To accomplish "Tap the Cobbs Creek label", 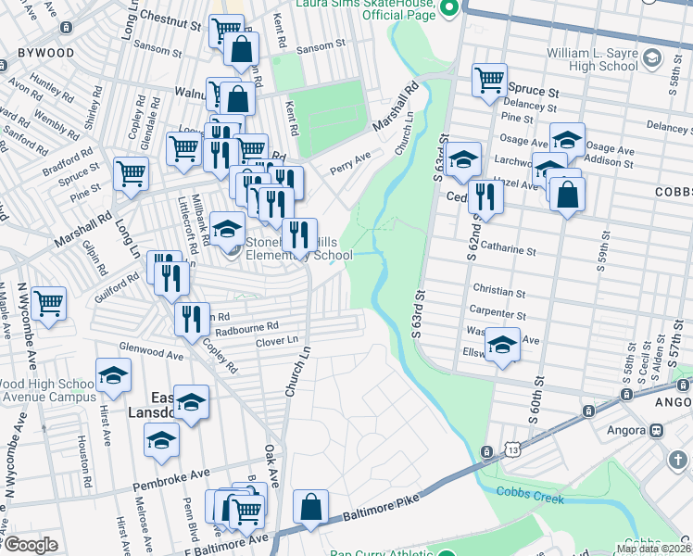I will click(x=529, y=498).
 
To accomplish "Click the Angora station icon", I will click(x=657, y=430).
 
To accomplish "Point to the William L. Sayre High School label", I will click(x=592, y=60).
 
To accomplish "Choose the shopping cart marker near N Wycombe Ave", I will click(x=48, y=302).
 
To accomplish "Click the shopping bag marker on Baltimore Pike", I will click(x=310, y=507).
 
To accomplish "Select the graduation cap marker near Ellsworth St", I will click(x=502, y=346).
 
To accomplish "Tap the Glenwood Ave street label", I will click(x=150, y=353).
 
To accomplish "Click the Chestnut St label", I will click(x=173, y=18).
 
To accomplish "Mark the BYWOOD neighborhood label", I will click(x=37, y=53).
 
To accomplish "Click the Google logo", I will click(x=30, y=545).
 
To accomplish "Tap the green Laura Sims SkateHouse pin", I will click(x=451, y=9).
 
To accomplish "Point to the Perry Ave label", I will click(x=351, y=164).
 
